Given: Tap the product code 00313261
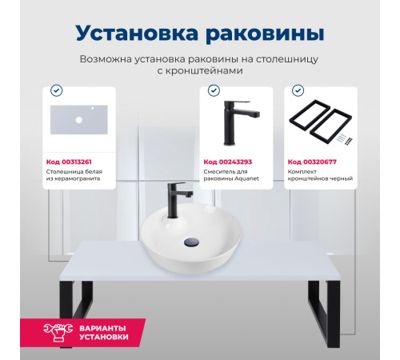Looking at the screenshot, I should [78, 162].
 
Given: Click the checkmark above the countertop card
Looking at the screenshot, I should [55, 90].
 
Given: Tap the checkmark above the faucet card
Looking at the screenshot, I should [212, 90].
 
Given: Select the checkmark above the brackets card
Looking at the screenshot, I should [298, 90].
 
